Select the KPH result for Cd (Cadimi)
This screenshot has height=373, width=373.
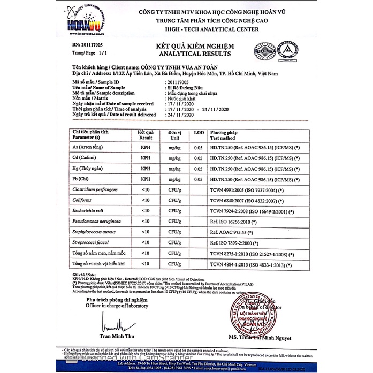point(145,158)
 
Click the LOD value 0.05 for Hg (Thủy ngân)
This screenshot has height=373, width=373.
point(199,169)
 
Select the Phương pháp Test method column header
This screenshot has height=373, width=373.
point(227,134)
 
